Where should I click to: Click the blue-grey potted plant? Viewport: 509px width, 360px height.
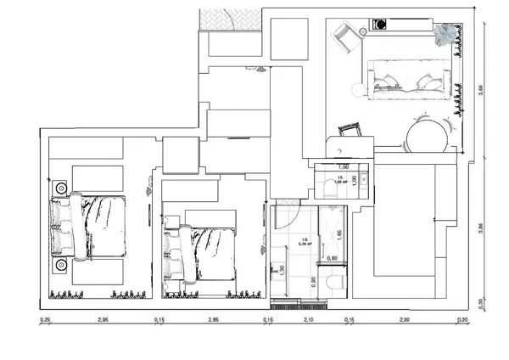(x=445, y=33)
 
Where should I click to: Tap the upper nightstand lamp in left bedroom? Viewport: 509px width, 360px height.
(x=60, y=188)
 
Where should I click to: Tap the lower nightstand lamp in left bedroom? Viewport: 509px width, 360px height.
(x=60, y=266)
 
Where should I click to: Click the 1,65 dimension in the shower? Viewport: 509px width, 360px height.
(x=339, y=234)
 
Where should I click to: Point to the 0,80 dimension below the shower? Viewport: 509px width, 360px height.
(x=333, y=257)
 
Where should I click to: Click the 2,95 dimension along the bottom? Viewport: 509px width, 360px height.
(x=102, y=320)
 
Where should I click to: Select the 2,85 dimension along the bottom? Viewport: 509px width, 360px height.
(x=213, y=320)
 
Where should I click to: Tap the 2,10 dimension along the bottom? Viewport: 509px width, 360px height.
(x=309, y=320)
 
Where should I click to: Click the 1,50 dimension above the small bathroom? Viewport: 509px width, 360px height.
(x=344, y=167)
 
